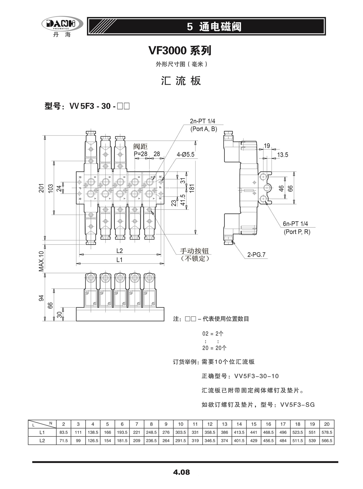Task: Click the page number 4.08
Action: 181,472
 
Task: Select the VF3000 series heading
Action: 180,51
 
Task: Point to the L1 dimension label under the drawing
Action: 119,260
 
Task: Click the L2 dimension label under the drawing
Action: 119,251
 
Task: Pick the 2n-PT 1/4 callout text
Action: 202,121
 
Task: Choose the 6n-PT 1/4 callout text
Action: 295,224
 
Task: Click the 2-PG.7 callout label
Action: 256,254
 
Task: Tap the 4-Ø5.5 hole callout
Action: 185,154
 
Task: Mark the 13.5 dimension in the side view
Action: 282,155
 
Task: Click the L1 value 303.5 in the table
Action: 180,432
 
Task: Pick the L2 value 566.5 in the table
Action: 327,440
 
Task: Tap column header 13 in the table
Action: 224,424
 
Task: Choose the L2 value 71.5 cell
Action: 63,440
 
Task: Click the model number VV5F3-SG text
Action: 297,404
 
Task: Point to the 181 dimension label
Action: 192,188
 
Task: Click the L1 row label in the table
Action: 42,432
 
